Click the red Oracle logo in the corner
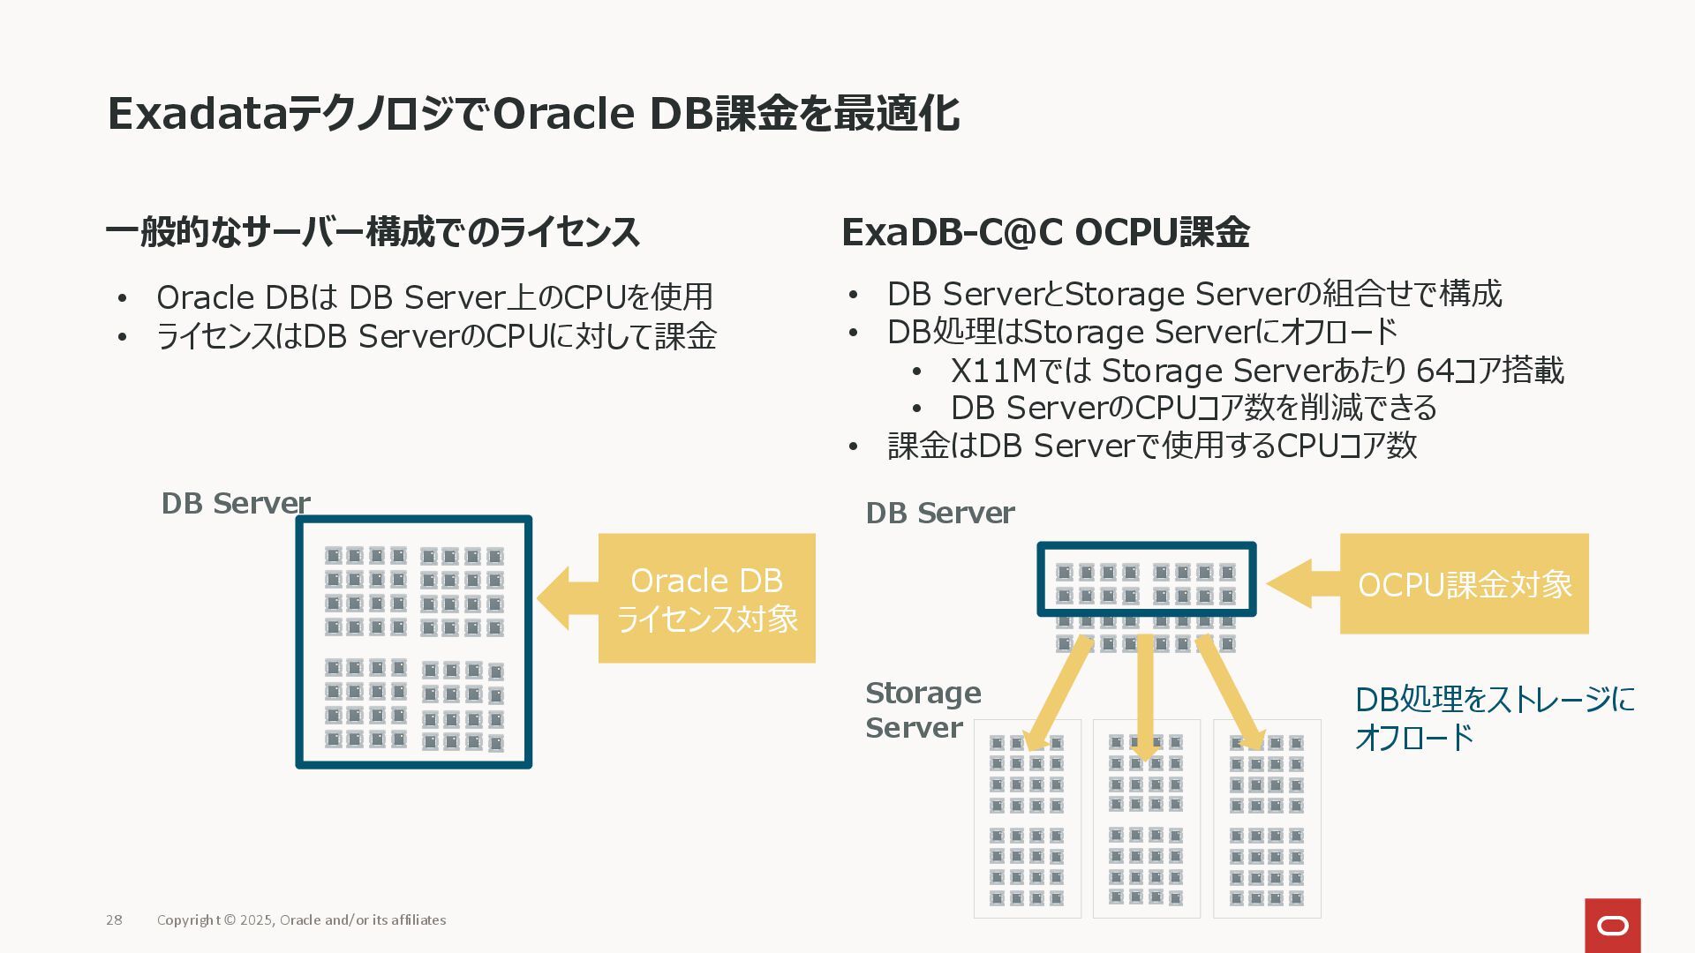point(1612,925)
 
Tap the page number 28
point(114,919)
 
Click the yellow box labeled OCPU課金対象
point(1464,583)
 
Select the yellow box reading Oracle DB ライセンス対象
point(706,598)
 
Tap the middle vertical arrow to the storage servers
point(1145,697)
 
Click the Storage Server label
point(923,710)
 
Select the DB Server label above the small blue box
point(939,513)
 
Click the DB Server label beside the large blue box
point(235,503)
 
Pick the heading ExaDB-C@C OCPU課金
point(1045,232)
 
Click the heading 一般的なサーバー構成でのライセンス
point(373,232)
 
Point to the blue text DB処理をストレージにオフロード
point(1494,717)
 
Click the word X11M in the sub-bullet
point(992,371)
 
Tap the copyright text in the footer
point(301,919)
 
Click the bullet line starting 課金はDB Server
point(1151,446)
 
